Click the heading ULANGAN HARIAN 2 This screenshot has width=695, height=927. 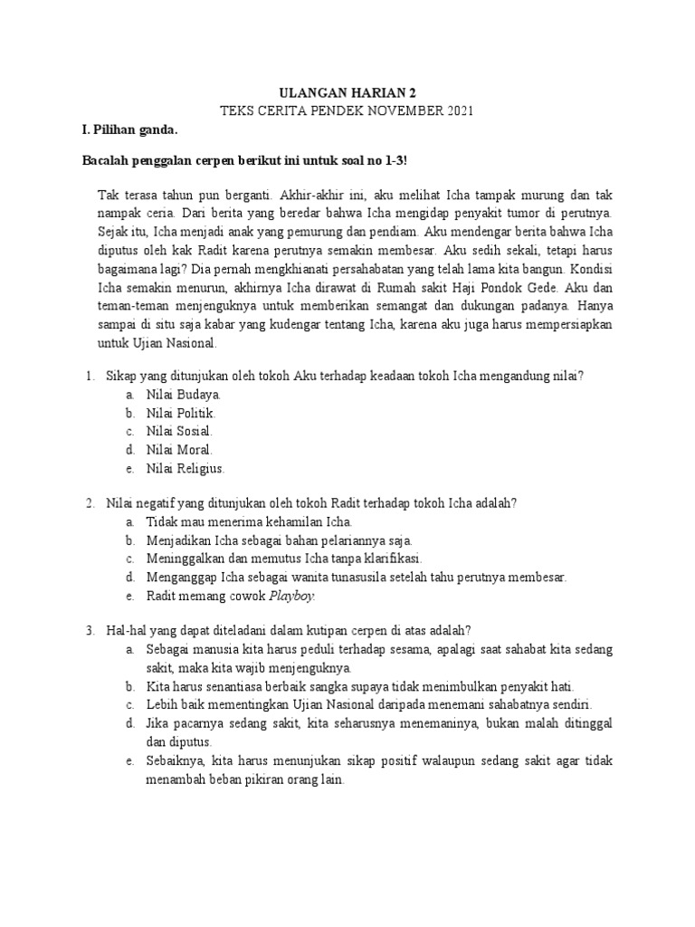pos(348,91)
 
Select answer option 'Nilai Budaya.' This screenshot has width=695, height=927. pos(184,395)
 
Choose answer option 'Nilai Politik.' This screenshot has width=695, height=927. pos(182,413)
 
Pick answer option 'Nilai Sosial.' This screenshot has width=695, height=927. pos(179,431)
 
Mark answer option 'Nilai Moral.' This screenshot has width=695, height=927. pos(179,449)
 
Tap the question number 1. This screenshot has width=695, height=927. pos(90,376)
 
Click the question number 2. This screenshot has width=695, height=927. pos(90,502)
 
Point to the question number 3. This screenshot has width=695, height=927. pos(90,630)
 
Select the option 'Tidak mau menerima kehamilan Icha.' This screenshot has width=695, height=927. pos(249,522)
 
